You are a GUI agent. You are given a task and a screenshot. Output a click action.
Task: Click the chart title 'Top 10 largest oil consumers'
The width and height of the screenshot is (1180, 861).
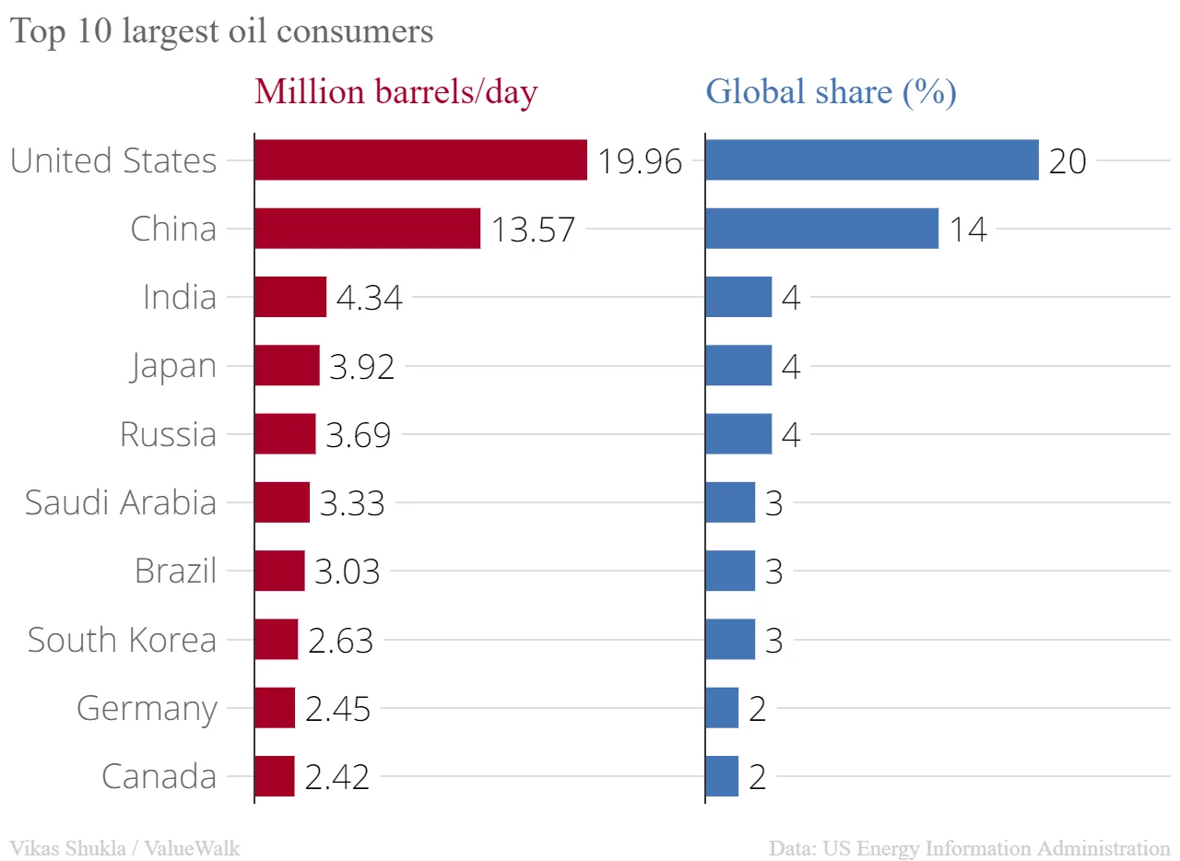pos(221,31)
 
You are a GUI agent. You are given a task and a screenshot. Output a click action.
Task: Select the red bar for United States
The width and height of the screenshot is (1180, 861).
pos(420,159)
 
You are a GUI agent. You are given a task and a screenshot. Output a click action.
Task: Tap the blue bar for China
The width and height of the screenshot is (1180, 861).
pos(821,228)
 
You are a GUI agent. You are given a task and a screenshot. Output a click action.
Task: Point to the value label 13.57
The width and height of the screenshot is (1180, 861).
pos(532,230)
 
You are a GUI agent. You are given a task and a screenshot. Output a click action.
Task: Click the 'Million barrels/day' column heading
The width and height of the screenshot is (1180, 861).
pos(395,92)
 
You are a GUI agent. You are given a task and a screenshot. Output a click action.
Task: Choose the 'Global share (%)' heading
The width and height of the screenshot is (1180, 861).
pos(830,92)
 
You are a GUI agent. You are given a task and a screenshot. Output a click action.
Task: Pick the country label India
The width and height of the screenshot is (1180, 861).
pos(180,297)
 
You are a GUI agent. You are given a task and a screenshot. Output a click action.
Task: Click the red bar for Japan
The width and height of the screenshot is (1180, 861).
pos(287,365)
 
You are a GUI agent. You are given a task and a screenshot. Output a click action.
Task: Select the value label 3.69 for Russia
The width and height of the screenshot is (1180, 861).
pos(358,435)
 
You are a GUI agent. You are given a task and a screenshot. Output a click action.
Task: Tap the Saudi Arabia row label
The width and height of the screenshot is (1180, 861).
pos(121,502)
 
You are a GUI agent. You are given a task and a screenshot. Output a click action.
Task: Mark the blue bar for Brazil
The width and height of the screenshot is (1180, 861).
pos(730,571)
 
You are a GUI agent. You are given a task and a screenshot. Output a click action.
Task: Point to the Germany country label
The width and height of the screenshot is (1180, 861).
pos(147,709)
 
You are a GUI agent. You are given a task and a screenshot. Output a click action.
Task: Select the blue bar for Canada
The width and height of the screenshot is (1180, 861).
pos(722,776)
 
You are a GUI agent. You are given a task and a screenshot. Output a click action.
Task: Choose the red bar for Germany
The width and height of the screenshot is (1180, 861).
pos(275,708)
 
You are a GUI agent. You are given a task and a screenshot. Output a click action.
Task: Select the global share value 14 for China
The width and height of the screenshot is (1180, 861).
pos(968,230)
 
